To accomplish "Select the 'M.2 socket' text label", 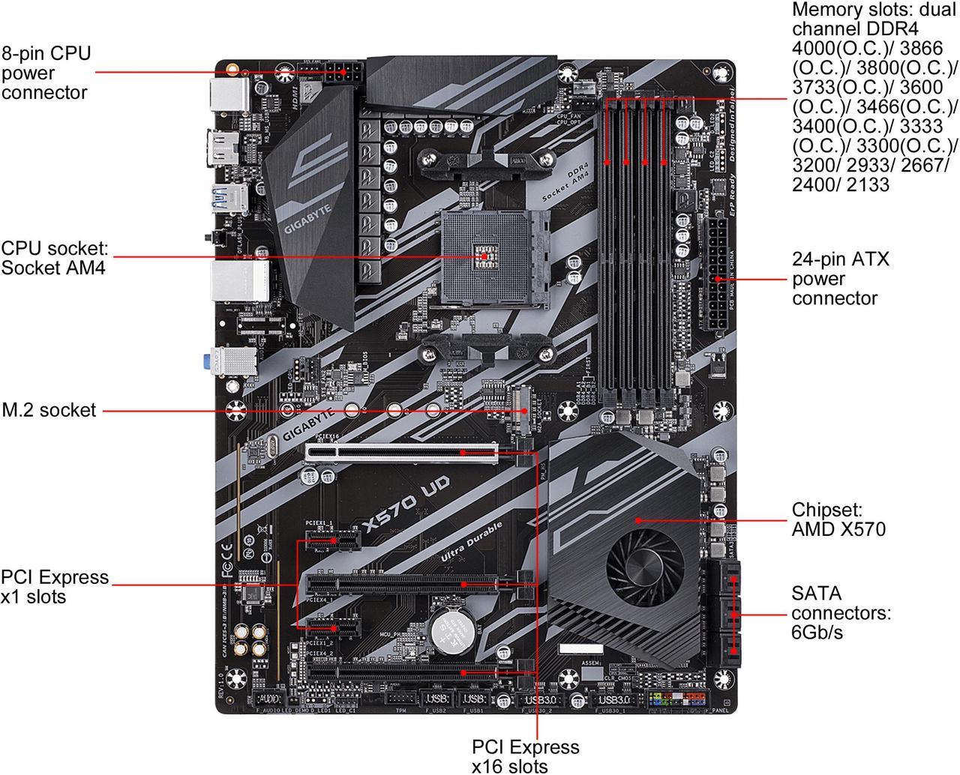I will pos(49,410).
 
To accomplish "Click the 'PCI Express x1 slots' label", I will pos(55,587).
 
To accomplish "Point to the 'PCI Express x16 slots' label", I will pos(525,756).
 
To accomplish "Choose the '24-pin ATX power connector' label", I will pos(840,279).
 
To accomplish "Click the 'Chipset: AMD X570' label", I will pos(838,519).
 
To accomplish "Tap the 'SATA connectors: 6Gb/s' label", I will pos(841,613).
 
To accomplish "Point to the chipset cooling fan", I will pos(637,564).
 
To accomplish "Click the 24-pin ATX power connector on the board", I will pos(716,273).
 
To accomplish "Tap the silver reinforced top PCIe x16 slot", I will pos(401,452).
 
